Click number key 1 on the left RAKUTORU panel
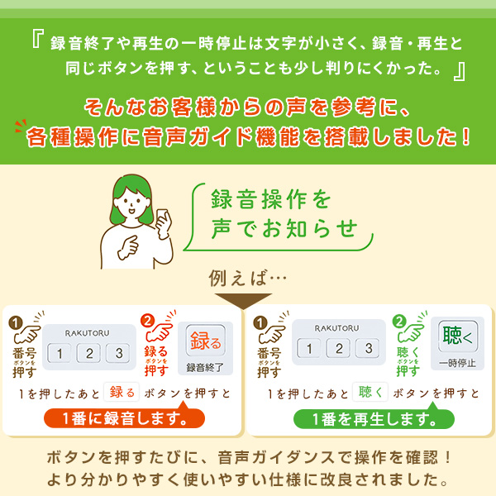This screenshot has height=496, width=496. (59, 354)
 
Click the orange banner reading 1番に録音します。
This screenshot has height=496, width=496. (123, 417)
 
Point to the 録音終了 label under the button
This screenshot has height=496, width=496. (205, 367)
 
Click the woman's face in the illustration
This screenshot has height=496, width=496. (134, 203)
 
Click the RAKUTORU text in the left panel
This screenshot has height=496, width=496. (88, 331)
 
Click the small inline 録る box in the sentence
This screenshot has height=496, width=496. (120, 392)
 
